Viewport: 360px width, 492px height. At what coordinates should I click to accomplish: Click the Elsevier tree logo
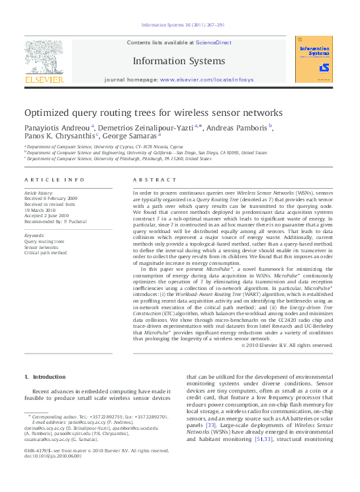pyautogui.click(x=44, y=56)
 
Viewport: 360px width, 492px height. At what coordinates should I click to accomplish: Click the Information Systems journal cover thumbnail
pyautogui.click(x=314, y=59)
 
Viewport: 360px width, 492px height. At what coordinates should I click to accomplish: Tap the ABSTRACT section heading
pyautogui.click(x=154, y=180)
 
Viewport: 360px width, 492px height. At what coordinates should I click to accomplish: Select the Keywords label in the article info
pyautogui.click(x=34, y=235)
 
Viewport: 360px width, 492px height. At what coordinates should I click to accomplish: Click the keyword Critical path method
pyautogui.click(x=46, y=252)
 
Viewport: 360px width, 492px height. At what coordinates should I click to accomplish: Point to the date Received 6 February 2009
pyautogui.click(x=51, y=198)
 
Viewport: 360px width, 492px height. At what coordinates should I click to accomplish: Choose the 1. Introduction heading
pyautogui.click(x=45, y=377)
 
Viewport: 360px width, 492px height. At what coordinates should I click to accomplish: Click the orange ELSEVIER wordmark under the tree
pyautogui.click(x=44, y=79)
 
